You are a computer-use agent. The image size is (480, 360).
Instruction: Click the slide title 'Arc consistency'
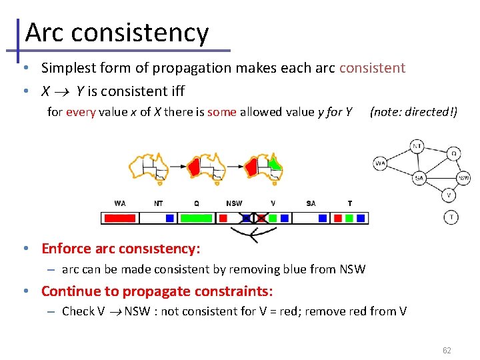tap(117, 32)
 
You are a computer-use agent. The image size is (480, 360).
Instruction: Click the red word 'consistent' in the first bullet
tap(372, 67)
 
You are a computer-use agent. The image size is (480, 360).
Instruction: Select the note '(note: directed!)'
tap(413, 111)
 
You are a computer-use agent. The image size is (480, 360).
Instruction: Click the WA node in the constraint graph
tap(381, 163)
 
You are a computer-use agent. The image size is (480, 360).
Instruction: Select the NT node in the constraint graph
tap(417, 146)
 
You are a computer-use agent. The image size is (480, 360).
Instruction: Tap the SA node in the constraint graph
tap(419, 178)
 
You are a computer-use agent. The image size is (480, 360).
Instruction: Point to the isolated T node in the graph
tap(451, 217)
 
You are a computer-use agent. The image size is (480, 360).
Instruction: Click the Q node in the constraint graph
tap(453, 153)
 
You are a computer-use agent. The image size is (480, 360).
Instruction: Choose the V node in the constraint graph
tap(449, 195)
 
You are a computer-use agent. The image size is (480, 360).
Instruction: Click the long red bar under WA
tap(120, 218)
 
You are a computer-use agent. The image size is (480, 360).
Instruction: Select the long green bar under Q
tap(197, 218)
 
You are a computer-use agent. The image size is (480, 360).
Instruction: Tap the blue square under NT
tap(170, 218)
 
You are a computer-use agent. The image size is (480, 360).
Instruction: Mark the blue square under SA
tap(323, 218)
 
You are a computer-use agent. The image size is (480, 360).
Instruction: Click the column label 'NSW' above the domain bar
tap(234, 203)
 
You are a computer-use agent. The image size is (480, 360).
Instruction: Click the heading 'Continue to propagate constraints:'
tap(157, 291)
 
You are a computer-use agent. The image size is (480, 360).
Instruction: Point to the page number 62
tap(447, 350)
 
